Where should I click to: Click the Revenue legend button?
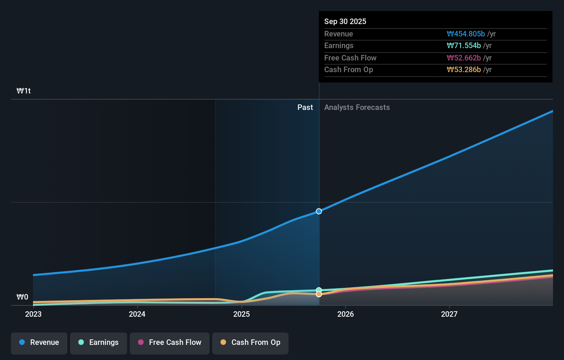click(39, 343)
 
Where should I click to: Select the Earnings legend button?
click(99, 343)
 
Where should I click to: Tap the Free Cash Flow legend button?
click(170, 343)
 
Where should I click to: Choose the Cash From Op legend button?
click(250, 343)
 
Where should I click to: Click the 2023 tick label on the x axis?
click(33, 314)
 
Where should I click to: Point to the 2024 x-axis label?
click(137, 314)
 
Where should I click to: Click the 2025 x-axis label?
click(241, 314)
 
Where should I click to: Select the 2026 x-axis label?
click(346, 314)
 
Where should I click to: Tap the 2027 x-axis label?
click(449, 314)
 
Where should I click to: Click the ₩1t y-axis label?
click(24, 91)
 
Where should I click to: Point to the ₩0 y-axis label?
click(22, 297)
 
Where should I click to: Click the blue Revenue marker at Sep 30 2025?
click(319, 211)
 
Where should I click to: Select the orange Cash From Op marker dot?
click(319, 294)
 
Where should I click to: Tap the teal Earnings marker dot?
click(319, 290)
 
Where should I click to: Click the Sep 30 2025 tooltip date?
click(345, 21)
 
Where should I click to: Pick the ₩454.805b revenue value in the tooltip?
click(466, 34)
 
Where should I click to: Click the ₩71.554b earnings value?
click(464, 45)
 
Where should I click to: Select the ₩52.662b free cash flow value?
click(464, 58)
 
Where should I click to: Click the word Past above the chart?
click(305, 107)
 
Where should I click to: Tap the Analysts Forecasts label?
click(357, 107)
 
